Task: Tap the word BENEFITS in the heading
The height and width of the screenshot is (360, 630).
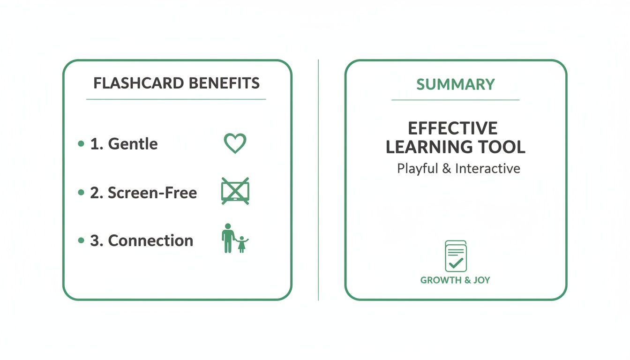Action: point(224,83)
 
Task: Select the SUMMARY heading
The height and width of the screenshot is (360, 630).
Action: point(455,84)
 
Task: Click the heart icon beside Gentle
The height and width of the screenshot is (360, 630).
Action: point(235,143)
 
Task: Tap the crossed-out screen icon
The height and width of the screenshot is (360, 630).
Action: point(235,191)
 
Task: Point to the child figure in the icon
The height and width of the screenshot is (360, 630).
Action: point(242,244)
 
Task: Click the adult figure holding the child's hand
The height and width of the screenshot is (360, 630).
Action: point(228,238)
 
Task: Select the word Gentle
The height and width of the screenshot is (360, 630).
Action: point(133,144)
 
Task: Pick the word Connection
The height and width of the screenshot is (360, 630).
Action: point(150,240)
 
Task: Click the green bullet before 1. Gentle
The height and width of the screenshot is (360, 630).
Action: point(81,144)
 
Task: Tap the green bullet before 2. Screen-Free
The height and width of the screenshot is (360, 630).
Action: point(81,192)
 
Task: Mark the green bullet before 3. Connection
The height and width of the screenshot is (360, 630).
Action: point(81,240)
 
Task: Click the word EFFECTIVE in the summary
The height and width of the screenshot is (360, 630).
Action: point(452,128)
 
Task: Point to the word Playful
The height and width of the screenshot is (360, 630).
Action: point(417,168)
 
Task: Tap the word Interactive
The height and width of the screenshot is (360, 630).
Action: point(487,168)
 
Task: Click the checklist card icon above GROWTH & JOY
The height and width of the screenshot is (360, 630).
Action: point(455,256)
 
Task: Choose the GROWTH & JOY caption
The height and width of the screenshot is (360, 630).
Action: point(455,280)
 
